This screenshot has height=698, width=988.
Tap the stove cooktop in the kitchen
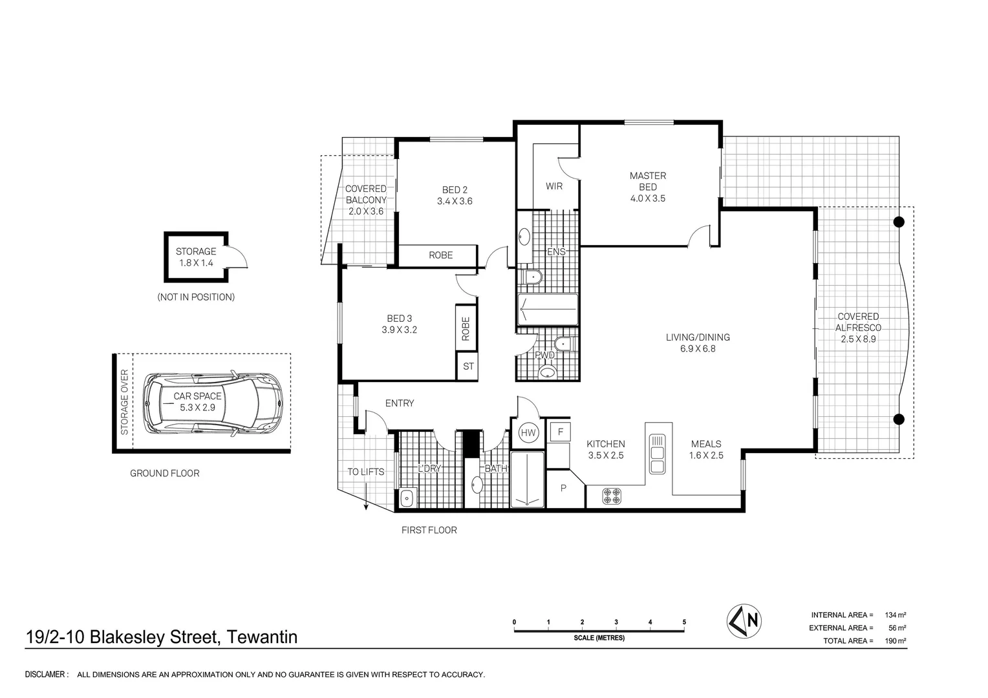612,496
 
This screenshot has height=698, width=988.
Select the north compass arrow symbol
744,620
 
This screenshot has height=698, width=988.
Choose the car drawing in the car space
213,402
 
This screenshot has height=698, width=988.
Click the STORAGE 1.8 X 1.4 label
196,257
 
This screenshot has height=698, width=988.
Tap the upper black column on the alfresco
898,222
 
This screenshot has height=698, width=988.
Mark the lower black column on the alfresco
898,419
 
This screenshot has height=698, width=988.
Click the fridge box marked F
560,431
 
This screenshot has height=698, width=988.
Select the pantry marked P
563,488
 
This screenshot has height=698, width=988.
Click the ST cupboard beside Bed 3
468,366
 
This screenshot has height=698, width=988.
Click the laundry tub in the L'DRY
407,498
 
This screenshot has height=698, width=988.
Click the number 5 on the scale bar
684,622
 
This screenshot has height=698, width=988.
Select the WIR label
554,186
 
